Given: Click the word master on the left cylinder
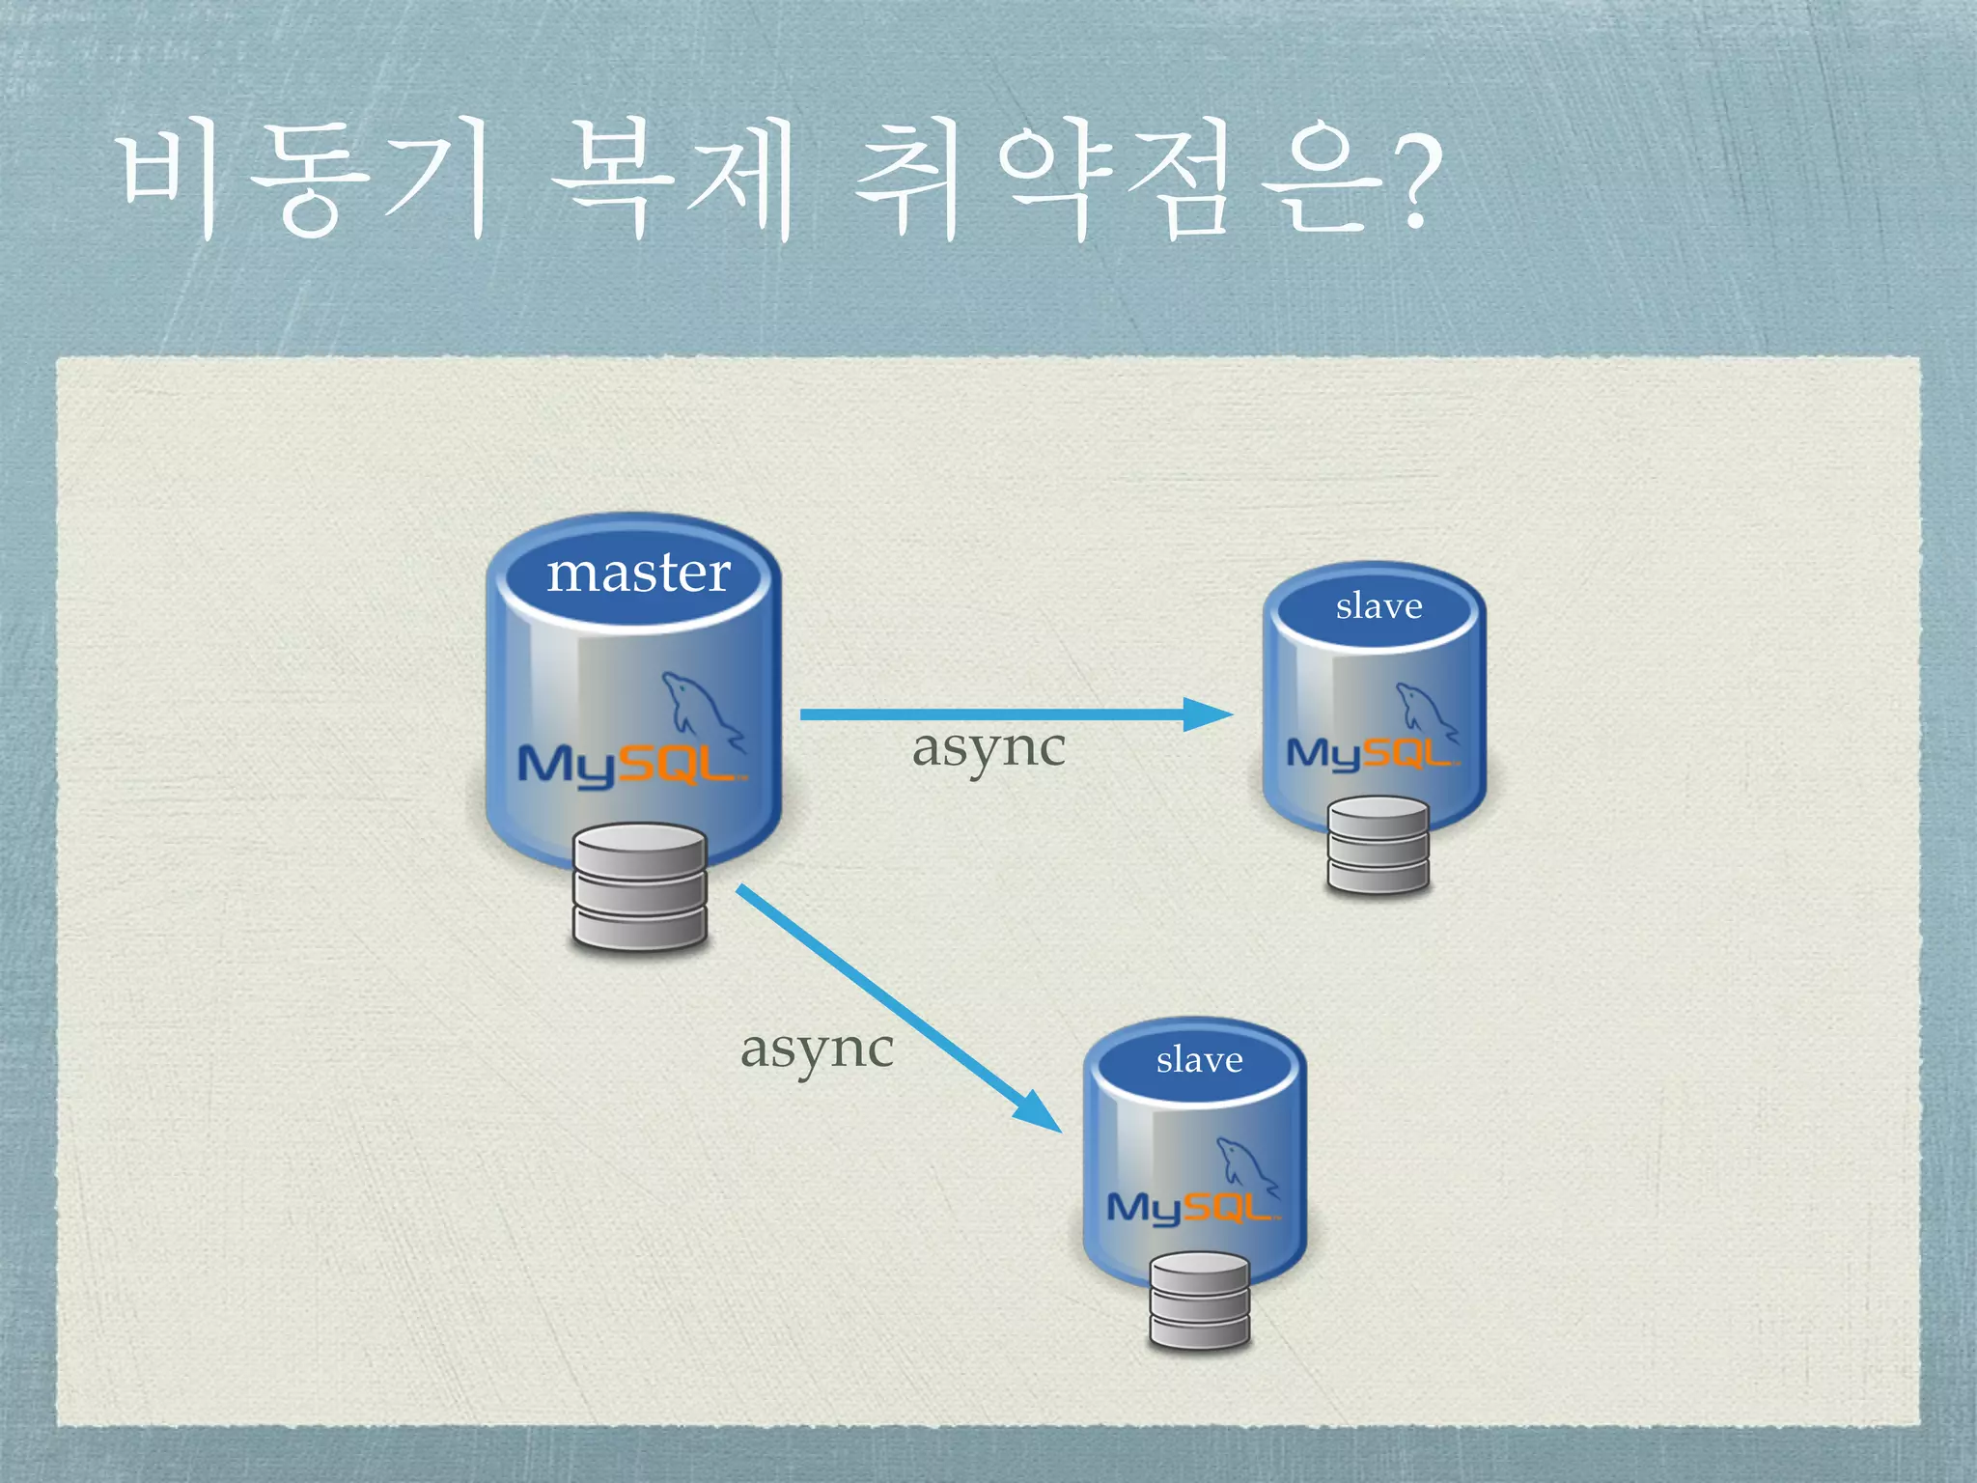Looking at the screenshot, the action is click(x=638, y=574).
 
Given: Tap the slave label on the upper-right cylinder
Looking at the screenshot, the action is click(x=1378, y=606).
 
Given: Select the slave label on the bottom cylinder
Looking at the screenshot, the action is click(x=1199, y=1060).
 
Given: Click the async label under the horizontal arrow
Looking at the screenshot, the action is click(x=988, y=748).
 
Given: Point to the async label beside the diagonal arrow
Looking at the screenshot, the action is click(x=817, y=1049).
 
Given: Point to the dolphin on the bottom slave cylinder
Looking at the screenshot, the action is click(x=1244, y=1164).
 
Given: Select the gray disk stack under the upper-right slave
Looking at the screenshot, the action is click(x=1378, y=846).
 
